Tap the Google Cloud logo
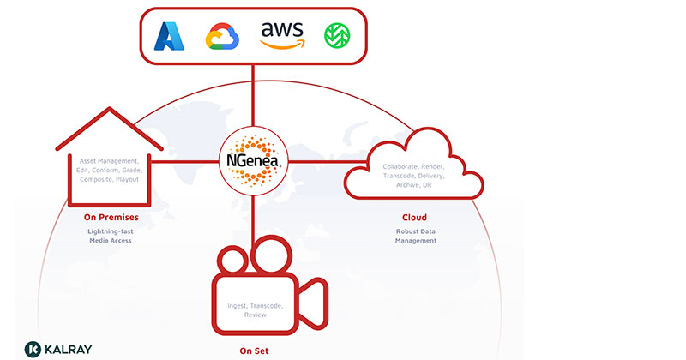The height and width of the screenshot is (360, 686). (x=221, y=37)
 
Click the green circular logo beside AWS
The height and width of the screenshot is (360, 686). (x=335, y=36)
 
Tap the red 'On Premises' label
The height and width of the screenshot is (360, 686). (x=111, y=217)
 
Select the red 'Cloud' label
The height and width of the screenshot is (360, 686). (x=414, y=217)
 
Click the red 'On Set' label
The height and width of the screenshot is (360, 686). (x=255, y=350)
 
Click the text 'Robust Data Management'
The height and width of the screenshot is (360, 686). (x=414, y=236)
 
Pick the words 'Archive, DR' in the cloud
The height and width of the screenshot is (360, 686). (x=414, y=185)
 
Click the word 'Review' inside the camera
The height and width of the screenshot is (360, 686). (x=255, y=315)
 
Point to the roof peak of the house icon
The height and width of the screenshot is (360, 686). (x=111, y=110)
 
